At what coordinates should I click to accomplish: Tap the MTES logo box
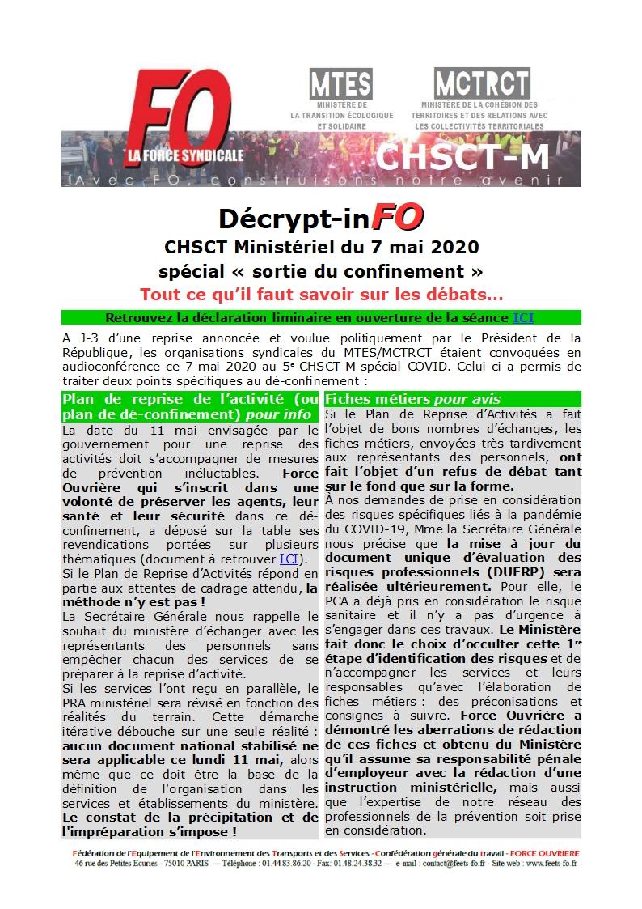pos(341,84)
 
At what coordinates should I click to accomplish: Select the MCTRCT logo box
pos(482,83)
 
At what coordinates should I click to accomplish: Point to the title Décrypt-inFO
pos(321,219)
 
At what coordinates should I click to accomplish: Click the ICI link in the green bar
pos(523,317)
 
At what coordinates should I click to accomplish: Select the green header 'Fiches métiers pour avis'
pos(412,399)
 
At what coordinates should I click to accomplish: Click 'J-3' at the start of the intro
pos(87,337)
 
